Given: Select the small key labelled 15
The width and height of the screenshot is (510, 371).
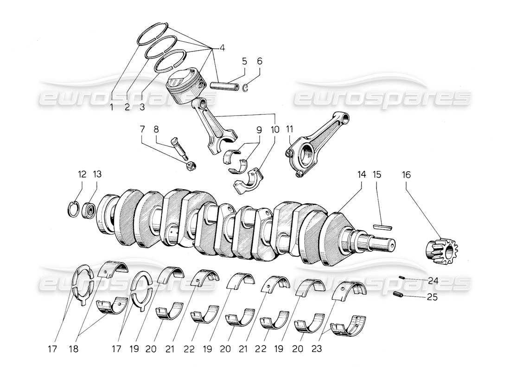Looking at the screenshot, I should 383,227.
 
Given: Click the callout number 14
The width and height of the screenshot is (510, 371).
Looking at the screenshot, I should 362,175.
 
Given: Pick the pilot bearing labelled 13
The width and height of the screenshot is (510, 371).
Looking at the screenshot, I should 89,211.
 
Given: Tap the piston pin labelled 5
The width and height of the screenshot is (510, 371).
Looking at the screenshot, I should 223,86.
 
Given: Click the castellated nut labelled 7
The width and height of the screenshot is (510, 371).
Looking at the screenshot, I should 189,166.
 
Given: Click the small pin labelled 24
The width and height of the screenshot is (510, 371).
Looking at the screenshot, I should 403,278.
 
